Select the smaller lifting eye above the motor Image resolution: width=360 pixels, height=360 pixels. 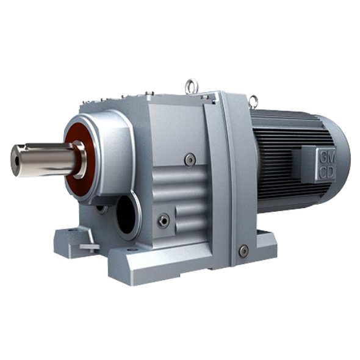(x=253, y=100)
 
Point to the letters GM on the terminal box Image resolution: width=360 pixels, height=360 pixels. (x=327, y=157)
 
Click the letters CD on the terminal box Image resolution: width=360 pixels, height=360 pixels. (x=326, y=173)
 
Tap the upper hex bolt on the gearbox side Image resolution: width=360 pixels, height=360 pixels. (x=190, y=159)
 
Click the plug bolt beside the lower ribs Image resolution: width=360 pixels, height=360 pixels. (x=164, y=221)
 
